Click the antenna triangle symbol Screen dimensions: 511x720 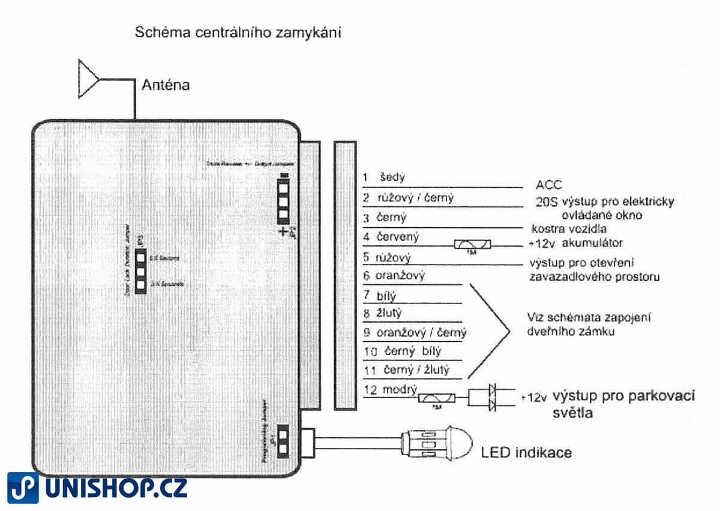click(88, 79)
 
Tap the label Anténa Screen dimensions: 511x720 click(166, 85)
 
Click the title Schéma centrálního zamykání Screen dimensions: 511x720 click(238, 32)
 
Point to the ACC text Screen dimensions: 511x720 click(548, 185)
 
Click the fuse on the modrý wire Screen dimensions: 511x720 click(437, 398)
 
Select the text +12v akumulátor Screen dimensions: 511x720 click(575, 243)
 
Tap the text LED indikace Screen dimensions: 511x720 click(526, 452)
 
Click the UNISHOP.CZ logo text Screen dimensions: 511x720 click(116, 487)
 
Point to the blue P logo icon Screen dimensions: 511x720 click(23, 488)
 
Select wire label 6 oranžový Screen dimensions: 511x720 click(394, 276)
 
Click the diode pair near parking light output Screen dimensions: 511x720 click(492, 398)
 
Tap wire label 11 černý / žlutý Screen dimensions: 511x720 click(406, 370)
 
